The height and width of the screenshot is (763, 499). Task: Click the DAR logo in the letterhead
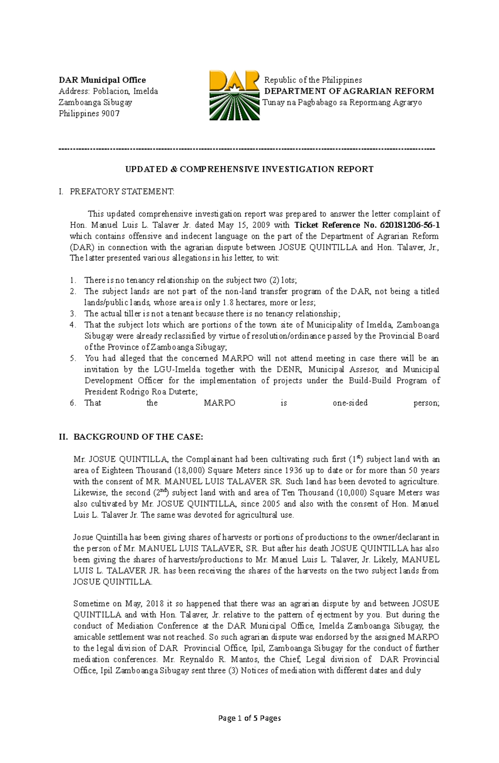coord(235,95)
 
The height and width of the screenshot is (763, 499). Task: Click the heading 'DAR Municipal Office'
coord(102,80)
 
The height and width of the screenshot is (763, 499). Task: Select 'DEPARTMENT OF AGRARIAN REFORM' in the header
coord(349,91)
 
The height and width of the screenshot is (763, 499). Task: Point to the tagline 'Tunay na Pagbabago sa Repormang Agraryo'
coord(342,102)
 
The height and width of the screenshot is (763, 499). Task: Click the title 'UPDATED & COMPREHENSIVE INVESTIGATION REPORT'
coord(249,169)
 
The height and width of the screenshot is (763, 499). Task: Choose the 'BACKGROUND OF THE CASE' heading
coord(138,437)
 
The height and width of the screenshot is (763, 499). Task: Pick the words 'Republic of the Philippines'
coord(313,80)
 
